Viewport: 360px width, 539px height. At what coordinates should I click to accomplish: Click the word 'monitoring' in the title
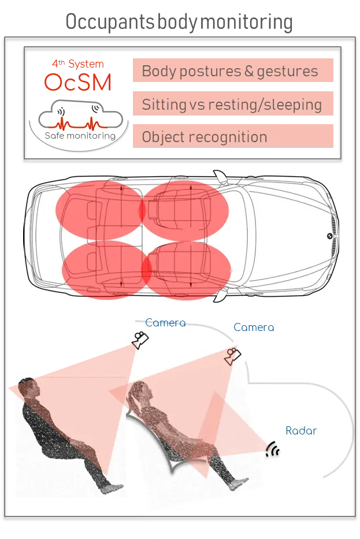(246, 21)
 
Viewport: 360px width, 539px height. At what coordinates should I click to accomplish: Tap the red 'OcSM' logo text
(77, 82)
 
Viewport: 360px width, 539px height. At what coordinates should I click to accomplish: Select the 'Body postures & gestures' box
(233, 70)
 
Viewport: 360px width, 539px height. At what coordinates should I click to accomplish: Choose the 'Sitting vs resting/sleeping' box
(233, 103)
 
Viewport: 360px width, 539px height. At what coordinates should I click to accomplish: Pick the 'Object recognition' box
(233, 136)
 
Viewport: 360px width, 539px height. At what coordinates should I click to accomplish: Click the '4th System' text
(77, 64)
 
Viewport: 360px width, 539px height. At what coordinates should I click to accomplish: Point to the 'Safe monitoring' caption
(80, 136)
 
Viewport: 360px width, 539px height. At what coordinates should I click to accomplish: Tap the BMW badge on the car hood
(329, 236)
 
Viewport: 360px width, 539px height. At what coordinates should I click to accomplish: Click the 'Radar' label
(301, 431)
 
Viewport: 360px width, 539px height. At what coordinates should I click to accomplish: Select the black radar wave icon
(273, 449)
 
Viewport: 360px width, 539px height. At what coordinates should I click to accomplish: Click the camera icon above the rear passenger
(140, 340)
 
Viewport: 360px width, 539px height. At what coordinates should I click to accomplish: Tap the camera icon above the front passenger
(232, 356)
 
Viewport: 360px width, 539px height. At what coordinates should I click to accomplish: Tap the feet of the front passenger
(239, 484)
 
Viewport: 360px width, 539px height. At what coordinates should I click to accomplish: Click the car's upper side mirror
(220, 177)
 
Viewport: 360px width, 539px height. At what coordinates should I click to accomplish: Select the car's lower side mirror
(220, 295)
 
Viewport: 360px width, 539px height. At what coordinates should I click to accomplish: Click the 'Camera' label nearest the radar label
(254, 327)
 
